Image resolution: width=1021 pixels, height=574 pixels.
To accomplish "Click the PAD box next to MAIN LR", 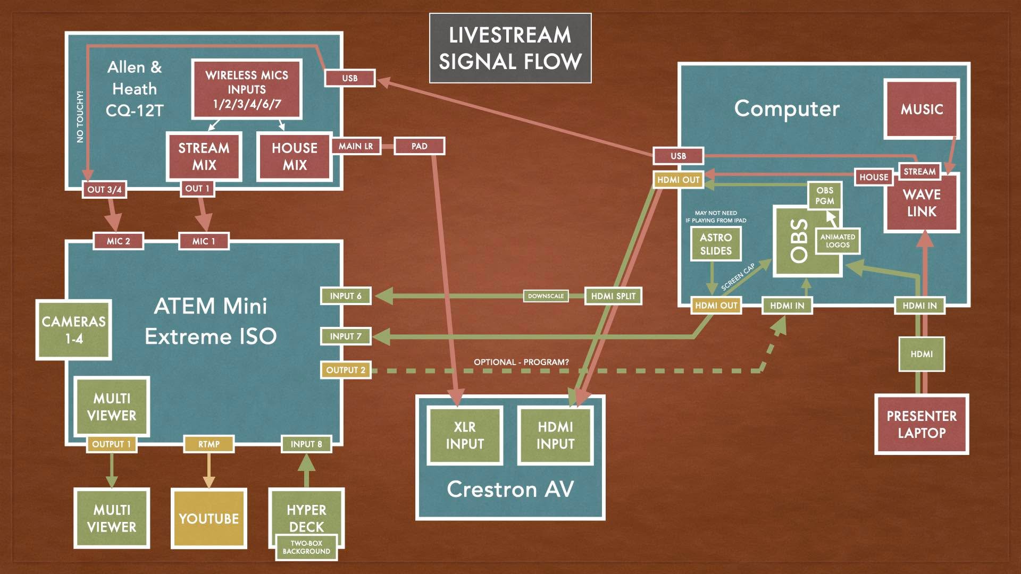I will pyautogui.click(x=419, y=146).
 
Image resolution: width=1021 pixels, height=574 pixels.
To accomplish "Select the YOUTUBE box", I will pyautogui.click(x=209, y=518).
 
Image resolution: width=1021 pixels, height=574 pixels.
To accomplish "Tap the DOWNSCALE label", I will pyautogui.click(x=546, y=296).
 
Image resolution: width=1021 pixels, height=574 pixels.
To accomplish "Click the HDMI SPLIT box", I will pyautogui.click(x=613, y=296).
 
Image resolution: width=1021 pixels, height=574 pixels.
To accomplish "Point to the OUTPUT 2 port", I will pyautogui.click(x=346, y=370).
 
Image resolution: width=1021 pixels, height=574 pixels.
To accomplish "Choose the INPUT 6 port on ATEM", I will pyautogui.click(x=346, y=296).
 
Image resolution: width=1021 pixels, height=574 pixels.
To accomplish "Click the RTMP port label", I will pyautogui.click(x=209, y=444).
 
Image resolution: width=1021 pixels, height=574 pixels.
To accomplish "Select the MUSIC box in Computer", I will pyautogui.click(x=922, y=109).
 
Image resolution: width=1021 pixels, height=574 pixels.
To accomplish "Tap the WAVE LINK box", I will pyautogui.click(x=922, y=203).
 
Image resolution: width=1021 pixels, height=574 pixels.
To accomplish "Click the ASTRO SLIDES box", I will pyautogui.click(x=716, y=244).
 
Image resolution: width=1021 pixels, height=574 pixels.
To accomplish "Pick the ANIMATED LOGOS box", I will pyautogui.click(x=838, y=241).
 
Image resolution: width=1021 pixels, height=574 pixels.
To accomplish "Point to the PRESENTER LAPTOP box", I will pyautogui.click(x=922, y=424).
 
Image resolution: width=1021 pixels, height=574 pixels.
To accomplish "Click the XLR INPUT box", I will pyautogui.click(x=465, y=435).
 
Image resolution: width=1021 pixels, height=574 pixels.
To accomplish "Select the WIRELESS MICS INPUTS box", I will pyautogui.click(x=247, y=89).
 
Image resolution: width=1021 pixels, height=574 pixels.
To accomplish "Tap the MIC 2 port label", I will pyautogui.click(x=118, y=241).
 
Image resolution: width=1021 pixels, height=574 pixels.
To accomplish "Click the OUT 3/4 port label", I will pyautogui.click(x=104, y=189).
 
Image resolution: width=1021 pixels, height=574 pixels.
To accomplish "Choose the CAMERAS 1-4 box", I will pyautogui.click(x=74, y=330).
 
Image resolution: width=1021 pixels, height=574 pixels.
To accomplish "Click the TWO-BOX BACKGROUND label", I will pyautogui.click(x=306, y=547).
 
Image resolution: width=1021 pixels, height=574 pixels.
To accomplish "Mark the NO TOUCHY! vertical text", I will pyautogui.click(x=80, y=116).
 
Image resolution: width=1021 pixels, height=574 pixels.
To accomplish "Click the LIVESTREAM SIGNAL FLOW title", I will pyautogui.click(x=510, y=48).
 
